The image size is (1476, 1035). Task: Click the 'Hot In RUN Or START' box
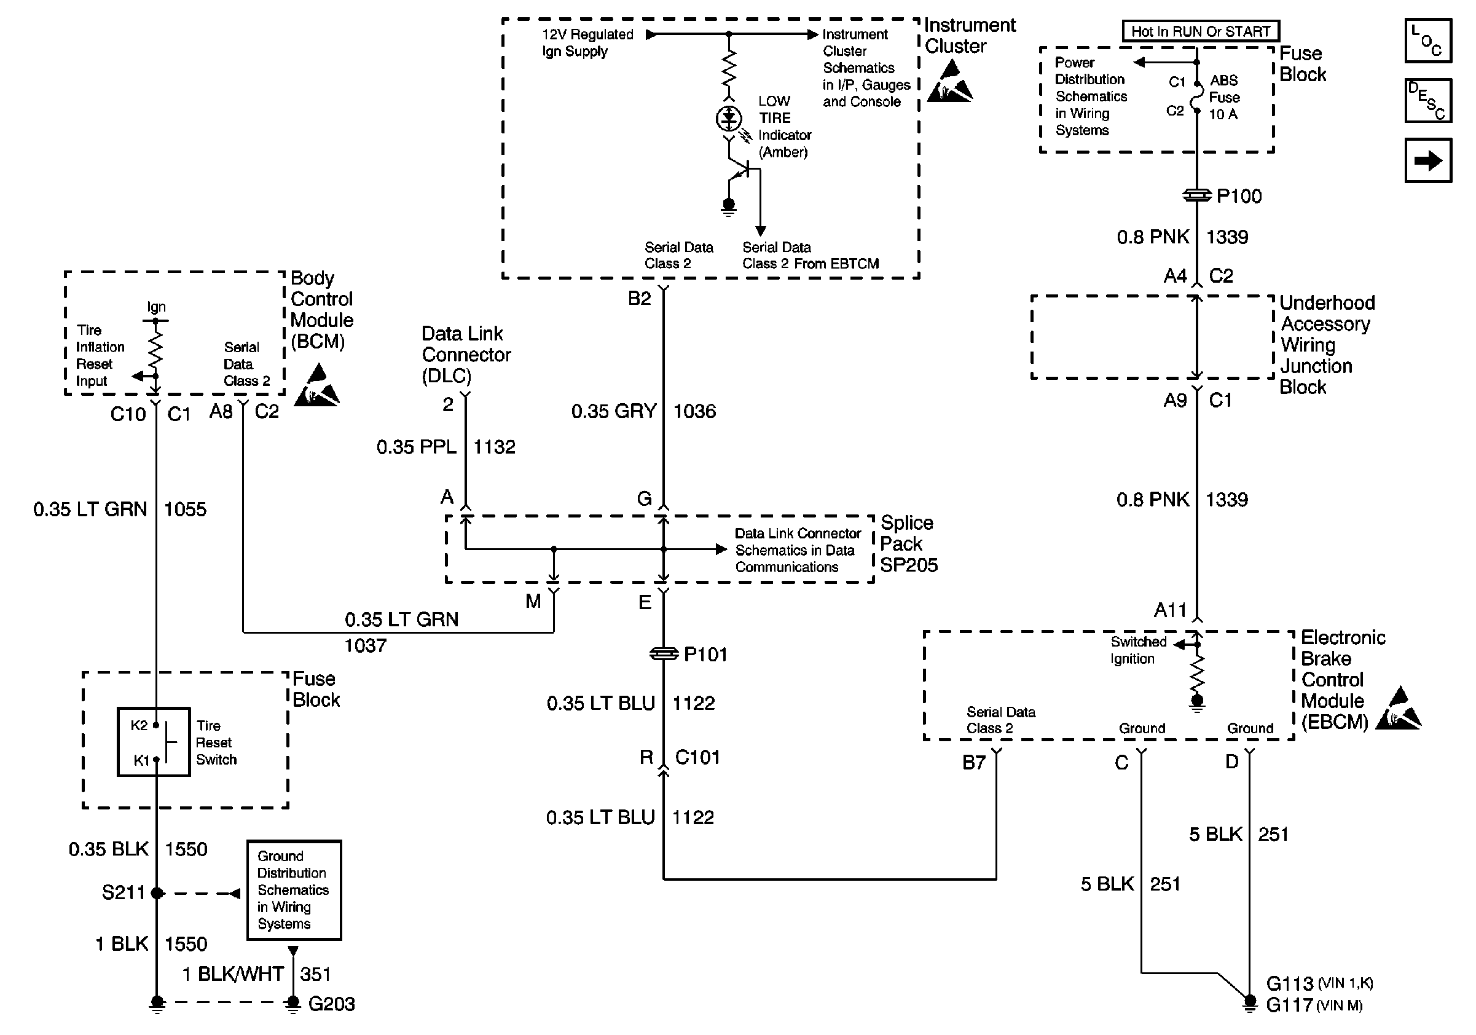point(1200,31)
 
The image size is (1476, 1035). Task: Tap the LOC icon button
point(1428,41)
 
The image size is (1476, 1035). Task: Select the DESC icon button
point(1428,100)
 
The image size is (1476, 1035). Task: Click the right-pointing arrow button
point(1428,160)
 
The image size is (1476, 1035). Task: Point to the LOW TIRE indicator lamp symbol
point(728,118)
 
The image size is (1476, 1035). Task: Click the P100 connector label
point(1239,196)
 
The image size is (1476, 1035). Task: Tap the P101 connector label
point(705,655)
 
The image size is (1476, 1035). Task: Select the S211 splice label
point(124,892)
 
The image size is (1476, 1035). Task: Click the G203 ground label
point(331,1004)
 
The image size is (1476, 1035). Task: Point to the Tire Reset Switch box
point(154,742)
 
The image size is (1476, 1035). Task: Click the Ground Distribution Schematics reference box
point(294,890)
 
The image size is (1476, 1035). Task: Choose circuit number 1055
point(185,509)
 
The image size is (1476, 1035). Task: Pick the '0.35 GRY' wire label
point(613,411)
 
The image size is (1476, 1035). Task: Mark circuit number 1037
point(365,645)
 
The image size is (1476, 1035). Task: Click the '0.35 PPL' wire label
point(416,447)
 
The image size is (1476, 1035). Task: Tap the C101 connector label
point(697,757)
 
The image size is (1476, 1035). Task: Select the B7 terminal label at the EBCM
point(973,763)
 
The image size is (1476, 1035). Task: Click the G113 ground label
point(1290,983)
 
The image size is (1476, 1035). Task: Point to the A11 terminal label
point(1170,610)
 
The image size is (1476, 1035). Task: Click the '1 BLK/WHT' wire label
point(233,974)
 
